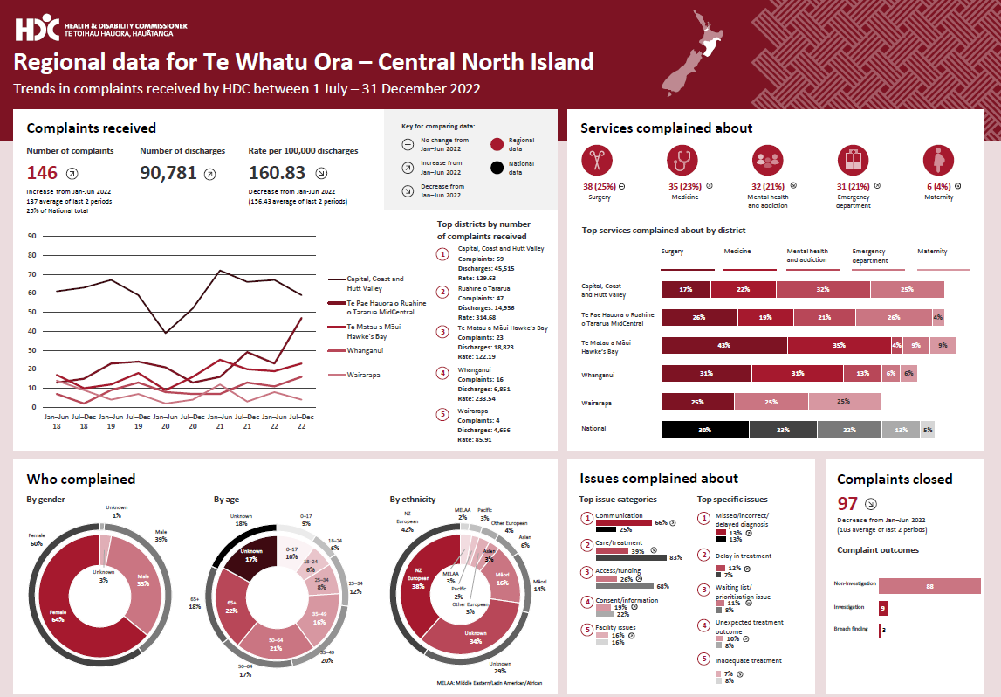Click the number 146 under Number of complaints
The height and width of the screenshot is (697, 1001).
tap(42, 173)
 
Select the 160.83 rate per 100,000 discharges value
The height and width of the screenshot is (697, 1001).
tap(277, 173)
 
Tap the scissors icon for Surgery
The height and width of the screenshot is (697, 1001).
tap(597, 160)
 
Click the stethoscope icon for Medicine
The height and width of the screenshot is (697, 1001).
tap(682, 160)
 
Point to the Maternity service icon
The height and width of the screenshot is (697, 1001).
tap(939, 160)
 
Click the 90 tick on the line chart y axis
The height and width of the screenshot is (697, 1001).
tap(32, 236)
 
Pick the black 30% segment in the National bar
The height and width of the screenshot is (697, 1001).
tap(704, 429)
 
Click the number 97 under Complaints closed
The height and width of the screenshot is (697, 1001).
tap(847, 504)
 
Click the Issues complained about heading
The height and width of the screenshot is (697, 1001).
tap(659, 479)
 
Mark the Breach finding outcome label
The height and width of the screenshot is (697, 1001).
tap(851, 629)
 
